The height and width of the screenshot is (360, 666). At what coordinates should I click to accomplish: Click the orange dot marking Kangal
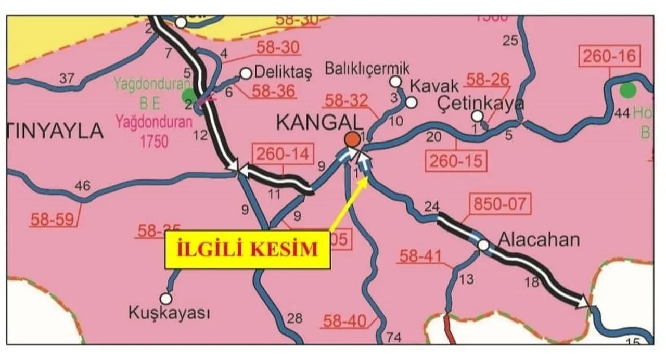(x=352, y=139)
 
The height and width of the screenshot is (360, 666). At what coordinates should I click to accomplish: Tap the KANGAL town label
(x=318, y=122)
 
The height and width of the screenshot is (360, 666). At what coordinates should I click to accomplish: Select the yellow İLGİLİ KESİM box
(x=248, y=249)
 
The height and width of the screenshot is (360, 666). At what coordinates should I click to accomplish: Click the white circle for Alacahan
(x=483, y=245)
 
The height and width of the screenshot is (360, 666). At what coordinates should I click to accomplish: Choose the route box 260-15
(x=456, y=161)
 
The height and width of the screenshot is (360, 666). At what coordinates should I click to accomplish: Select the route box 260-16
(x=610, y=56)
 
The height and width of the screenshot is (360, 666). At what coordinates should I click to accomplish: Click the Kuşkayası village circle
(x=166, y=298)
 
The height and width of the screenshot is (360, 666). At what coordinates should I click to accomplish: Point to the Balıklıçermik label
(x=367, y=68)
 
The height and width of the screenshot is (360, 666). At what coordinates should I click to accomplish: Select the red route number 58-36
(x=274, y=92)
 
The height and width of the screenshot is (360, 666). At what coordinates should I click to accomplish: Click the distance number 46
(x=82, y=186)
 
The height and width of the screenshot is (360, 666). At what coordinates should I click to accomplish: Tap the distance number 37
(x=67, y=79)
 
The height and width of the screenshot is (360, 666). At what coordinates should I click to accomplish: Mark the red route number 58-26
(x=487, y=80)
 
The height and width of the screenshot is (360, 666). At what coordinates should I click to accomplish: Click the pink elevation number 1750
(x=153, y=140)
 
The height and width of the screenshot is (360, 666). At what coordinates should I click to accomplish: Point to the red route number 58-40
(x=344, y=321)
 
